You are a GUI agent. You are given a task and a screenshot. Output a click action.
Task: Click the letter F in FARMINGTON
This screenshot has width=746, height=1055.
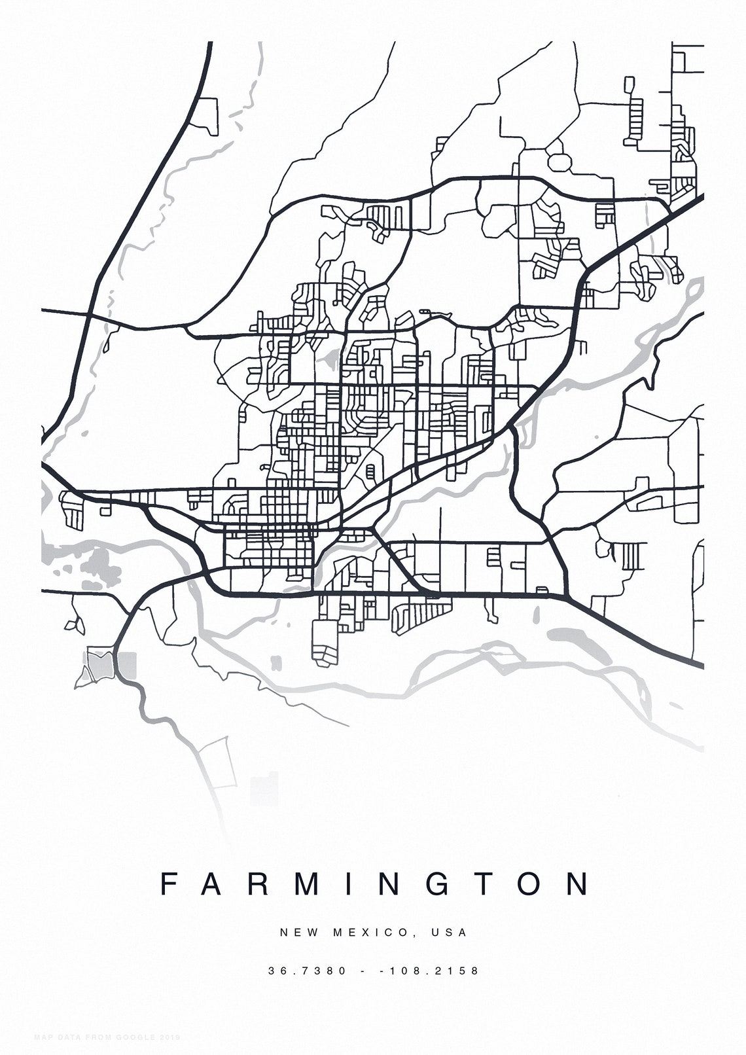point(169,884)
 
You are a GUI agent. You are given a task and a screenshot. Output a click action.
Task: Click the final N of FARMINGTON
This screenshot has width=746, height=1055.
point(578,884)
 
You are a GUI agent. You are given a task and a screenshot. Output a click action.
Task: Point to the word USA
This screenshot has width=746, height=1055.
point(449,932)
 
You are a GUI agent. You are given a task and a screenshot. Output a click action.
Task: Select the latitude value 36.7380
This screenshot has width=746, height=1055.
point(307,971)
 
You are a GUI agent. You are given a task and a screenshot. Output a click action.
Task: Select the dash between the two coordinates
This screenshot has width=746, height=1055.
point(363,971)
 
